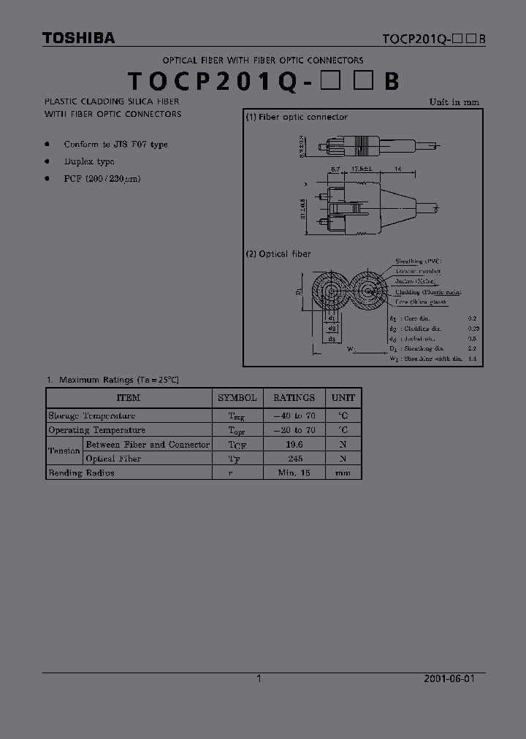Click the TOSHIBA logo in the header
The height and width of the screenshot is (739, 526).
[78, 39]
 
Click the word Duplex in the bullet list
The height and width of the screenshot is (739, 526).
[79, 161]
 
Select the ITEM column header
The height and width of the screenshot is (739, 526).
[129, 398]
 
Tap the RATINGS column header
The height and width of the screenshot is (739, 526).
[294, 398]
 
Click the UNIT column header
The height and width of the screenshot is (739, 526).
[343, 398]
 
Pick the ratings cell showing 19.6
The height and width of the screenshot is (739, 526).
[294, 444]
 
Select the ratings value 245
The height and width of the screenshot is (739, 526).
[294, 459]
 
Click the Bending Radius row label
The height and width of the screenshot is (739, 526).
[81, 472]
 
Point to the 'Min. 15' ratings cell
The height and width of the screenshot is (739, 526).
[294, 472]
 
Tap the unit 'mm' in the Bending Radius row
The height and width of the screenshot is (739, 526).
[343, 472]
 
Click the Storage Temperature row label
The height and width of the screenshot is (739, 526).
[91, 416]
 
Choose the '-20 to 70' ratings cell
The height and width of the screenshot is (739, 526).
[294, 430]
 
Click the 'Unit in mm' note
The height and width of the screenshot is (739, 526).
[454, 102]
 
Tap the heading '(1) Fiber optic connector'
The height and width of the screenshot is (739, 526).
[297, 117]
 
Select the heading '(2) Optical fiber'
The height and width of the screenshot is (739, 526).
[278, 254]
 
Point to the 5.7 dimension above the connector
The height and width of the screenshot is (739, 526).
[335, 169]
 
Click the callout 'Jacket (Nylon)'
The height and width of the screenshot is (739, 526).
[416, 281]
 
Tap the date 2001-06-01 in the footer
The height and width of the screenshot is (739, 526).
[449, 678]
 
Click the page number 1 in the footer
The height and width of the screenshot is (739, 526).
[259, 678]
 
